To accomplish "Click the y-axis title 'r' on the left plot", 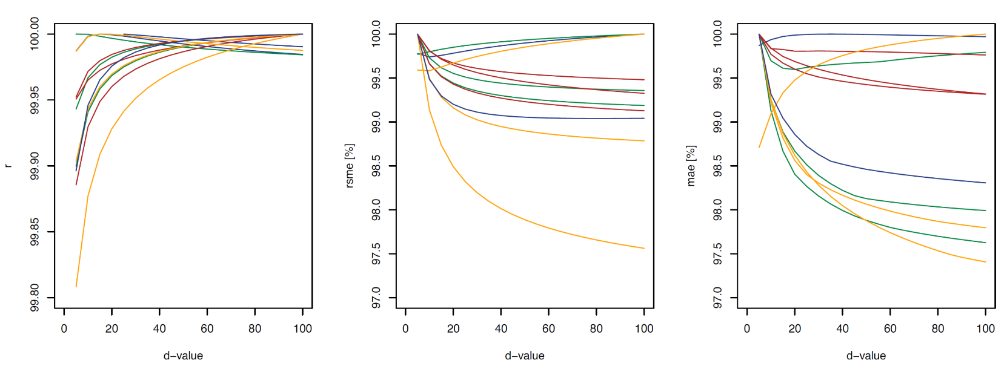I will pyautogui.click(x=8, y=166).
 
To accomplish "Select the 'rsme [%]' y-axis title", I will pyautogui.click(x=350, y=166).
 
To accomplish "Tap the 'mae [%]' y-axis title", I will pyautogui.click(x=691, y=166).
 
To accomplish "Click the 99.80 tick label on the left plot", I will pyautogui.click(x=35, y=298).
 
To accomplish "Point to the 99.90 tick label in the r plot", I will pyautogui.click(x=35, y=166).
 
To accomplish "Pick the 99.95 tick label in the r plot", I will pyautogui.click(x=35, y=100).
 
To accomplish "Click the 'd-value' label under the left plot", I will pyautogui.click(x=183, y=356).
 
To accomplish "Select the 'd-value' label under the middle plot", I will pyautogui.click(x=525, y=356).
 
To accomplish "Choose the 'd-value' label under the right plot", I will pyautogui.click(x=866, y=356).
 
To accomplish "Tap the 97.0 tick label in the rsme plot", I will pyautogui.click(x=376, y=298).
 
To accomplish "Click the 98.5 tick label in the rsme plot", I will pyautogui.click(x=376, y=166).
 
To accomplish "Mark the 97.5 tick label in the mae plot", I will pyautogui.click(x=718, y=254).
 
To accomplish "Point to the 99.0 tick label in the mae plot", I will pyautogui.click(x=718, y=122).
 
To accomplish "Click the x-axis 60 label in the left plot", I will pyautogui.click(x=207, y=328).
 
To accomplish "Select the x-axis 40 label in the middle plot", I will pyautogui.click(x=501, y=328).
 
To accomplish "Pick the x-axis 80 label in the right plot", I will pyautogui.click(x=938, y=328).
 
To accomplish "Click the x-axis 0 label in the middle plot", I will pyautogui.click(x=405, y=328).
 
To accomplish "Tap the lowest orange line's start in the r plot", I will pyautogui.click(x=76, y=287).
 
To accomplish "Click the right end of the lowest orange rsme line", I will pyautogui.click(x=644, y=248).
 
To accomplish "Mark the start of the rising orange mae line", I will pyautogui.click(x=759, y=148).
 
